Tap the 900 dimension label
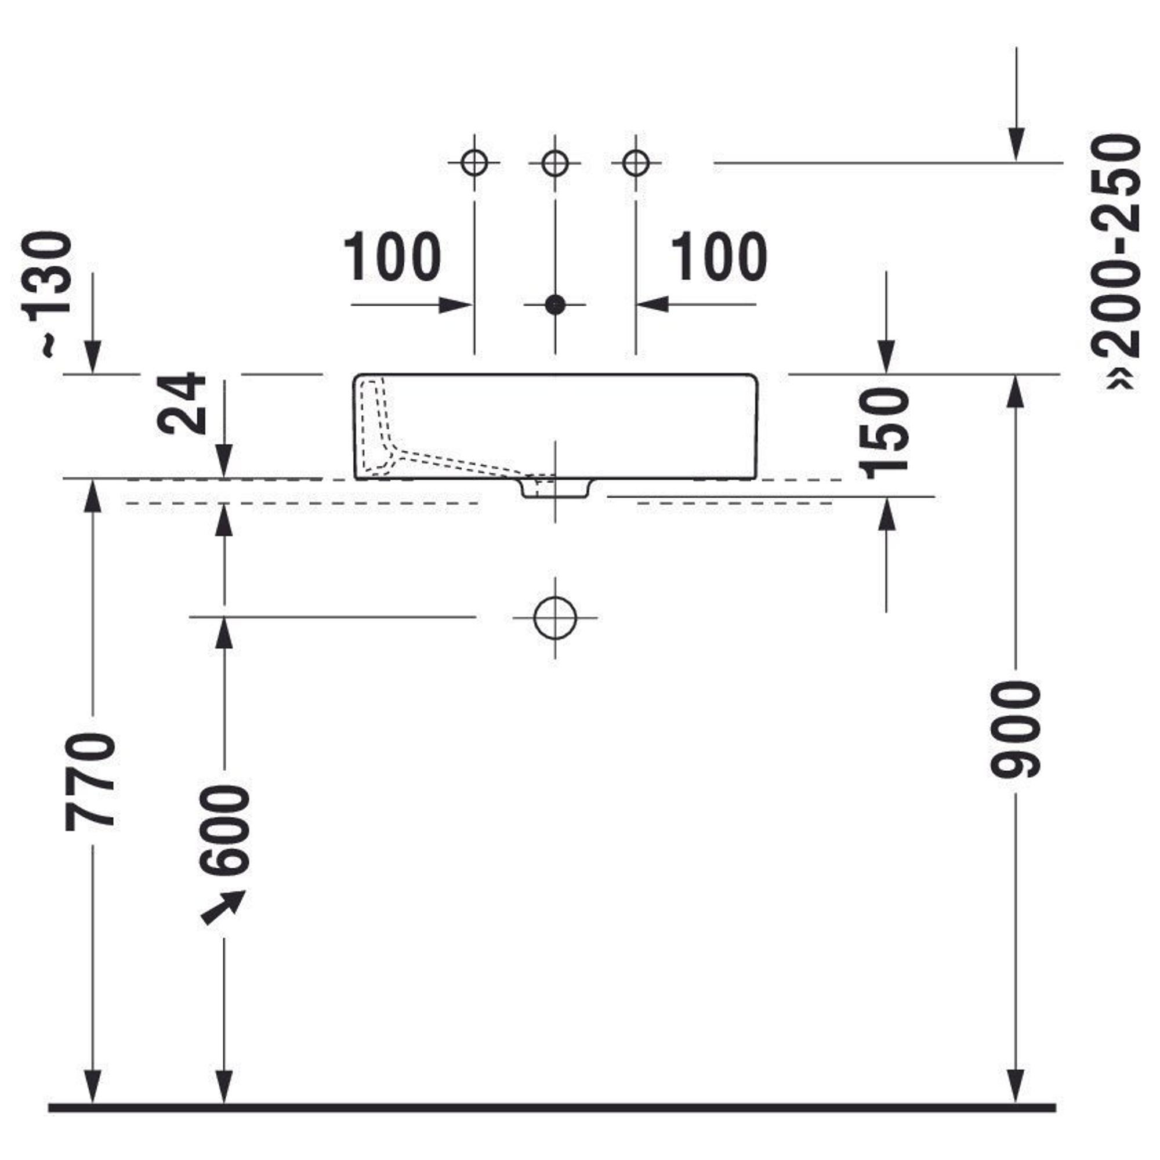pos(1016,730)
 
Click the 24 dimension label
pos(181,403)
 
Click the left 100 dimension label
pos(392,257)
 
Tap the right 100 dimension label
pos(719,257)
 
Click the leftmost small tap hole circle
pos(474,163)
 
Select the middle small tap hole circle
pos(555,163)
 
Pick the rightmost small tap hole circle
pos(636,163)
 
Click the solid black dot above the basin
pos(556,305)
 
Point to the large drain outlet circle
pos(555,617)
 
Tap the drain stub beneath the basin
pos(555,488)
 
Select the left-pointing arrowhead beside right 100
pos(654,304)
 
